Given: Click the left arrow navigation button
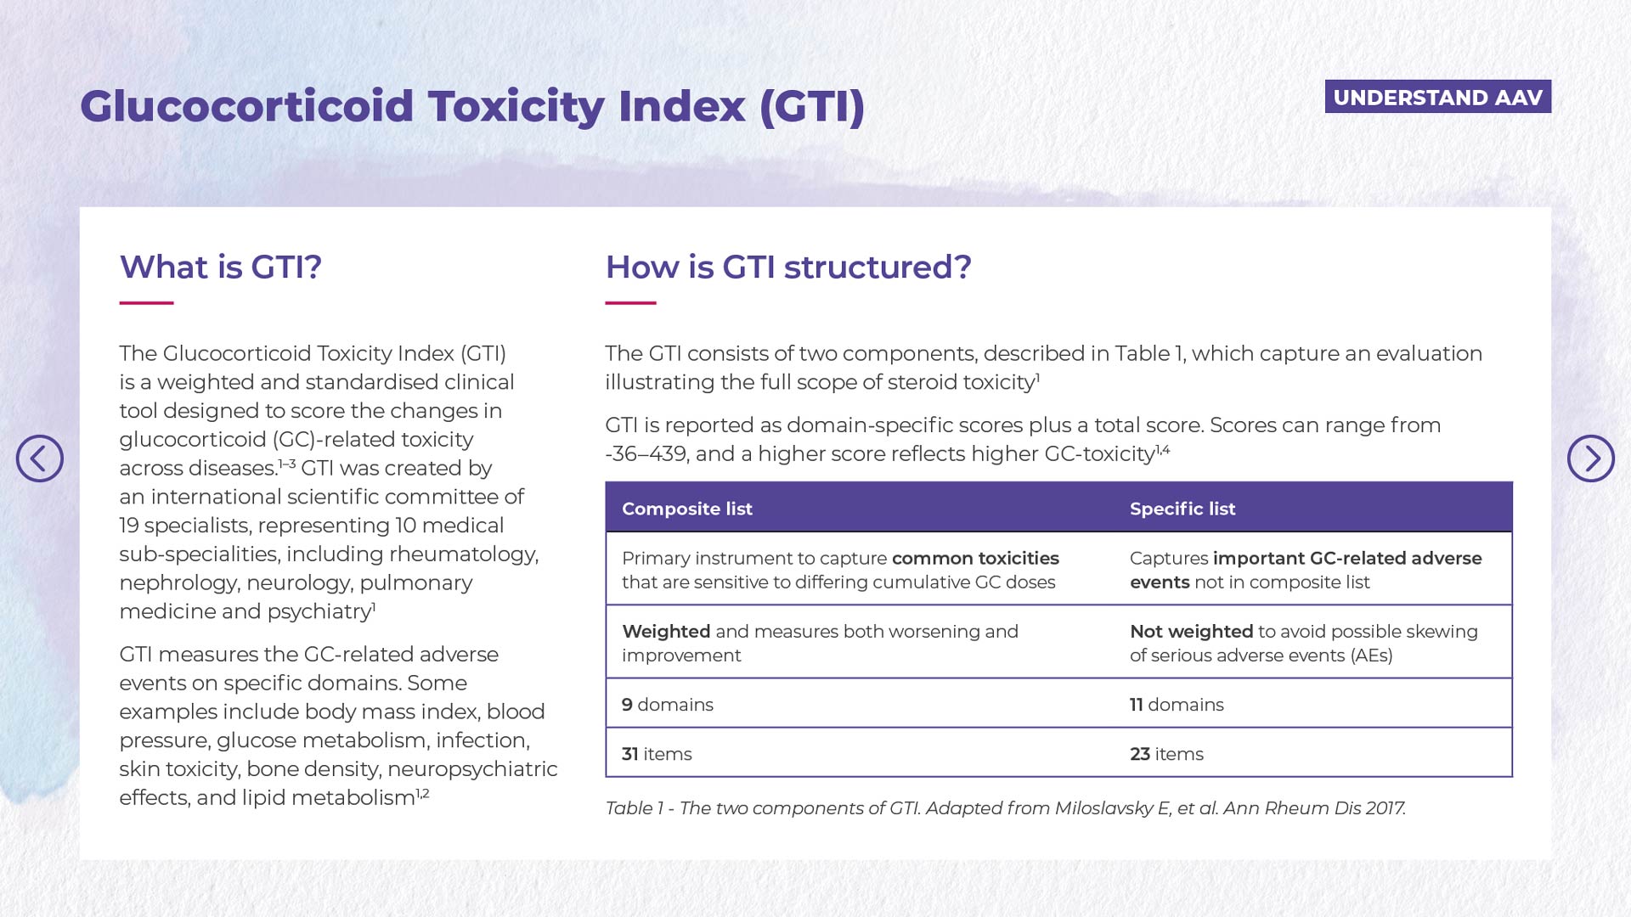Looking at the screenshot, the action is [x=40, y=458].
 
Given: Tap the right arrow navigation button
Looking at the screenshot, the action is [x=1590, y=458].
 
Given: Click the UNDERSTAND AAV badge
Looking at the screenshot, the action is [x=1437, y=97].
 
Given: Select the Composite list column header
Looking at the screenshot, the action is [x=687, y=509].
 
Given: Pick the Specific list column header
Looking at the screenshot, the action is [x=1182, y=509].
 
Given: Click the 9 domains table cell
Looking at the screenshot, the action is [x=668, y=705].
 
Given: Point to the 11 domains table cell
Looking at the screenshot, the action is [x=1177, y=705].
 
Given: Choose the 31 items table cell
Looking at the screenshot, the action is [x=657, y=754].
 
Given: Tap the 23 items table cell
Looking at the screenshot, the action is [x=1166, y=754].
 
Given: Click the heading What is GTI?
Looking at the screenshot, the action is [x=221, y=267].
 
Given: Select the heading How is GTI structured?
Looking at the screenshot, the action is [x=788, y=267].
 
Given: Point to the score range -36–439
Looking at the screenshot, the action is [x=646, y=454].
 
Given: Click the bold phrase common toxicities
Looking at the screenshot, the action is [x=975, y=558].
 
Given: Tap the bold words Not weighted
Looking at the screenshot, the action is [x=1192, y=632].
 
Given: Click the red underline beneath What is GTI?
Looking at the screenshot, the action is [x=146, y=302].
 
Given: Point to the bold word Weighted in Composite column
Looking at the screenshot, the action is [x=666, y=632].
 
